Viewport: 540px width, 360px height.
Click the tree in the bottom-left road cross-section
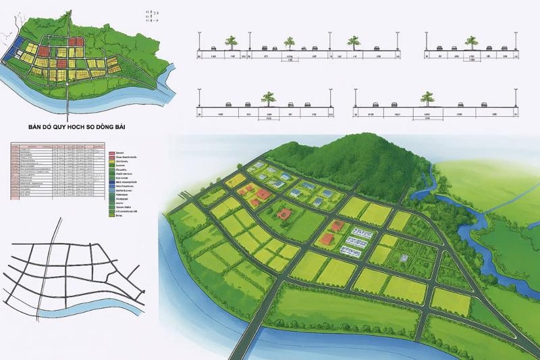[269, 99]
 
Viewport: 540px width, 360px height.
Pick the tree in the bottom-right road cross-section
[427, 99]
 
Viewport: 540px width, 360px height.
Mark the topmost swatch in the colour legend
[111, 154]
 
